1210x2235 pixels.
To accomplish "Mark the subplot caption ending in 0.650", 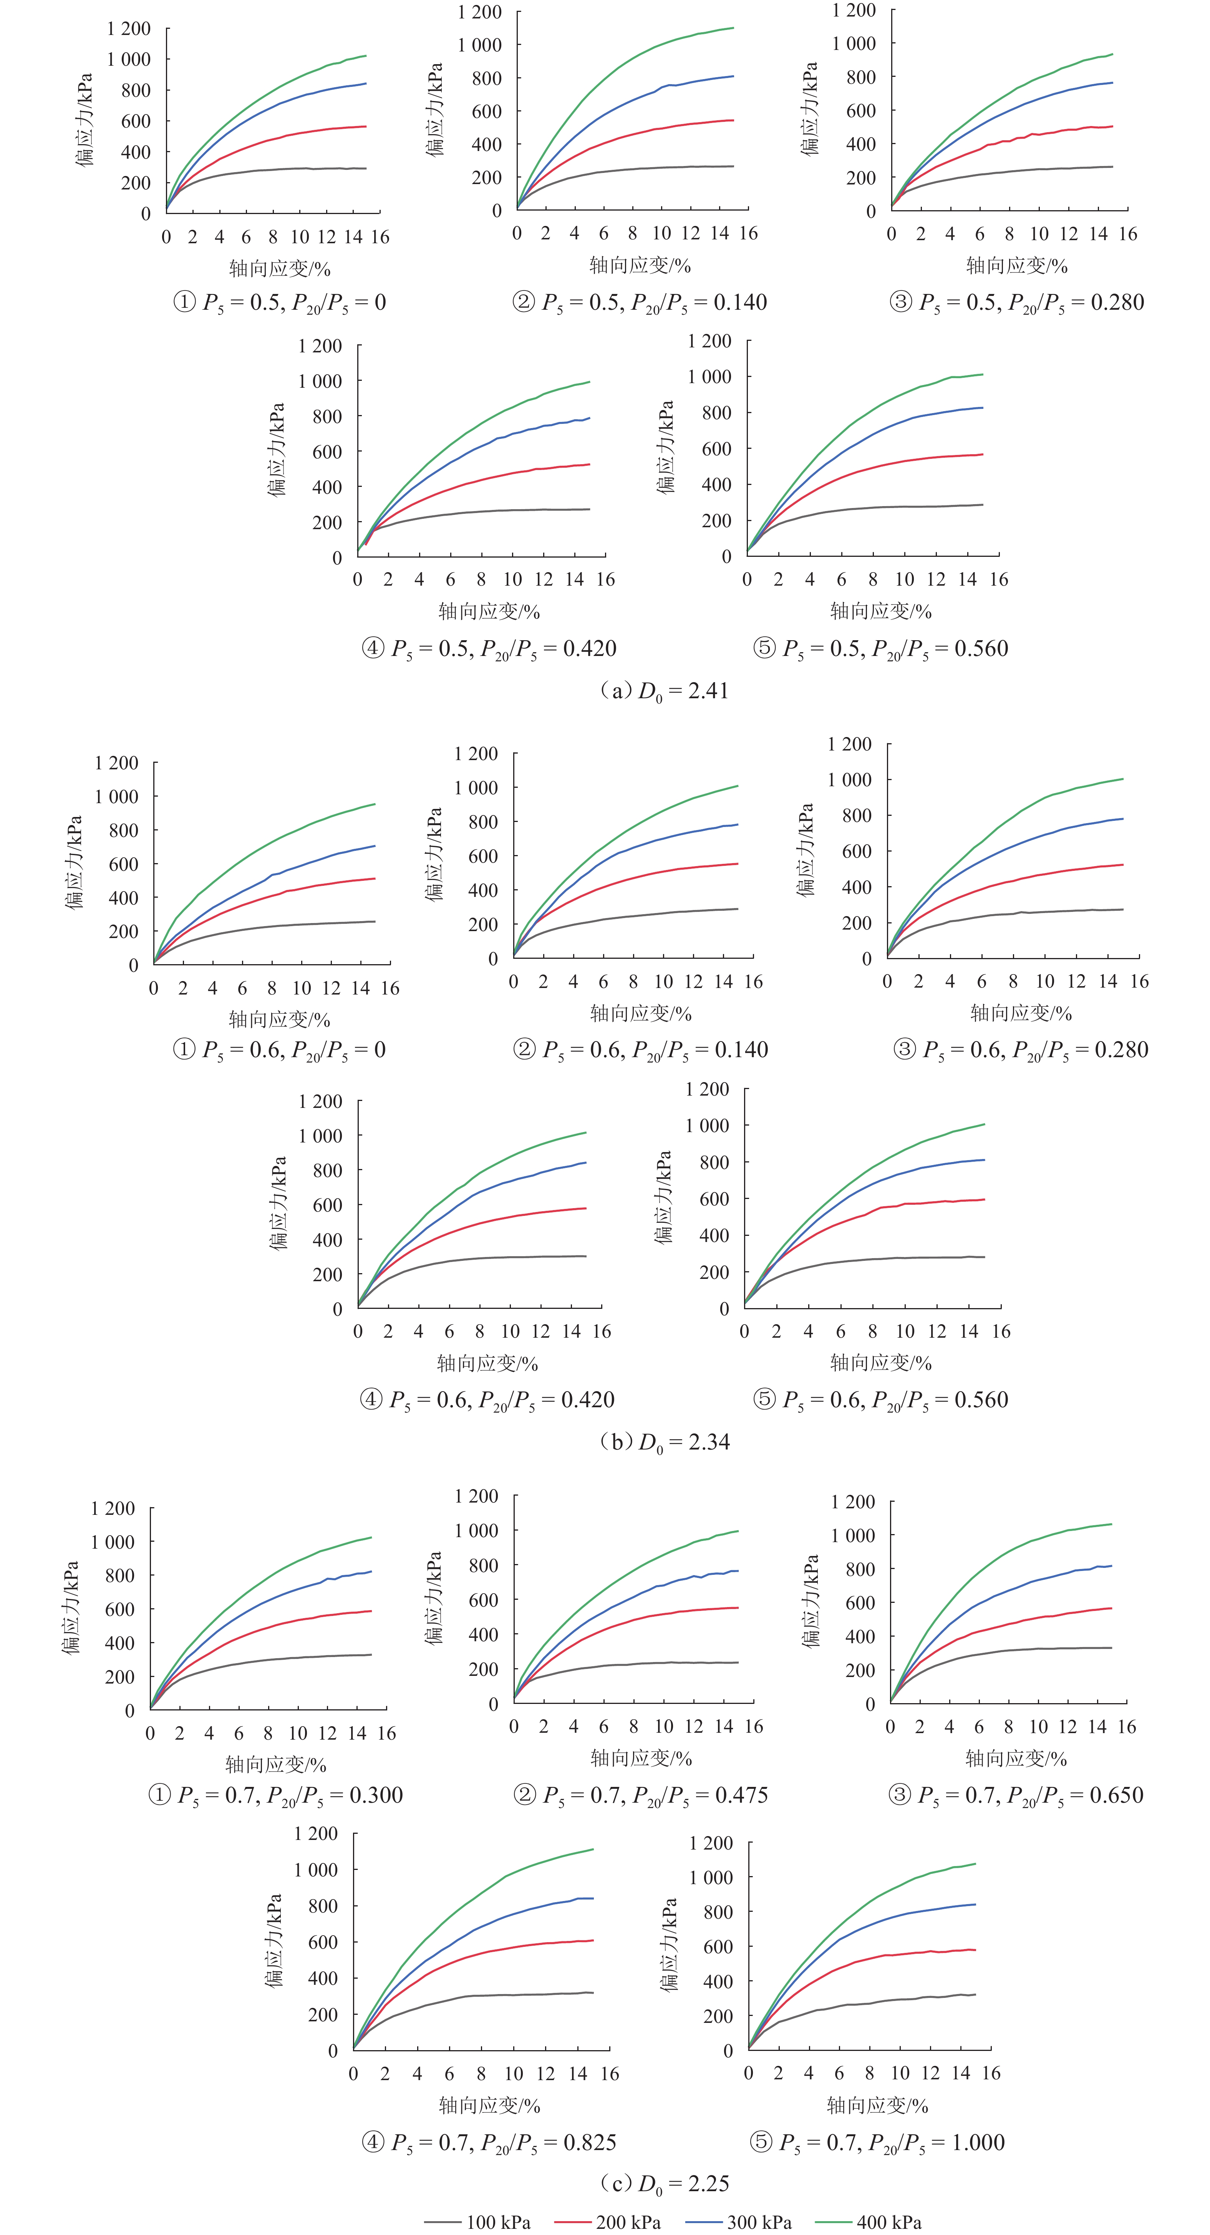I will [x=1016, y=1794].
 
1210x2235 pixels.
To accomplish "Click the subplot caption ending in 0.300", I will [x=276, y=1794].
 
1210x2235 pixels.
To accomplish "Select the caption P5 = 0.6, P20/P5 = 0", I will [x=279, y=1050].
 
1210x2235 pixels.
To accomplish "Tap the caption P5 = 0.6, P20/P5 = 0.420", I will [x=487, y=1400].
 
